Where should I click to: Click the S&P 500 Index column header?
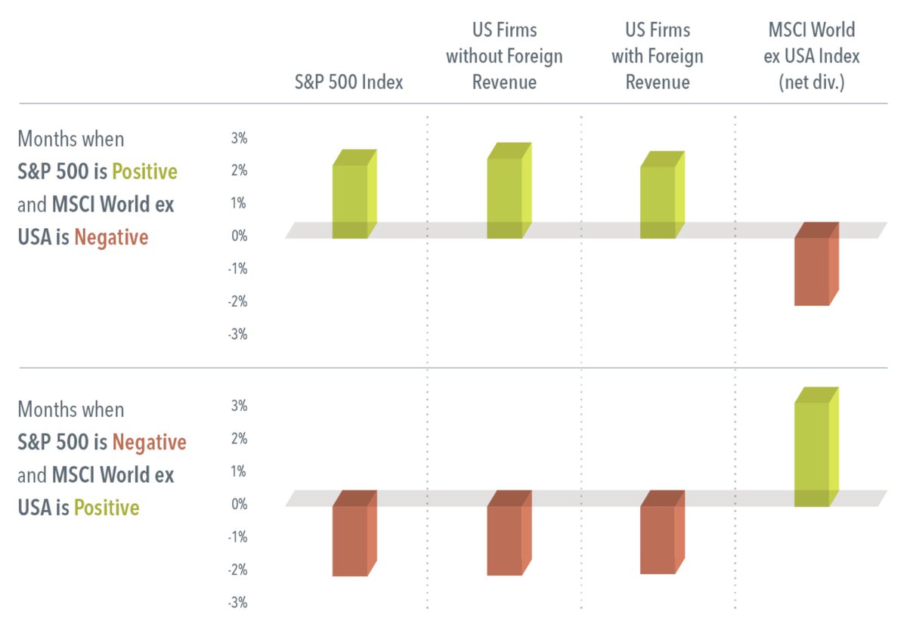(x=348, y=82)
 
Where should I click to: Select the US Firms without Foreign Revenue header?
(x=504, y=57)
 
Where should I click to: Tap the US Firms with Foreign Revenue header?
(x=658, y=57)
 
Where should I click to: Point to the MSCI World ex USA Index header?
(x=811, y=57)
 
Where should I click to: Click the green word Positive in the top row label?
(x=144, y=172)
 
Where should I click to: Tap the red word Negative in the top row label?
(x=111, y=238)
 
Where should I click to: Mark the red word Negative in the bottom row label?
(x=149, y=443)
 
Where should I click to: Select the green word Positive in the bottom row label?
(x=107, y=508)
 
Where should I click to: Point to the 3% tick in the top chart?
(x=239, y=138)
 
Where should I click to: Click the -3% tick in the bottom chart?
(x=237, y=603)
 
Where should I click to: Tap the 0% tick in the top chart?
(x=239, y=236)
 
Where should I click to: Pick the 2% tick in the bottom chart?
(x=239, y=439)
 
